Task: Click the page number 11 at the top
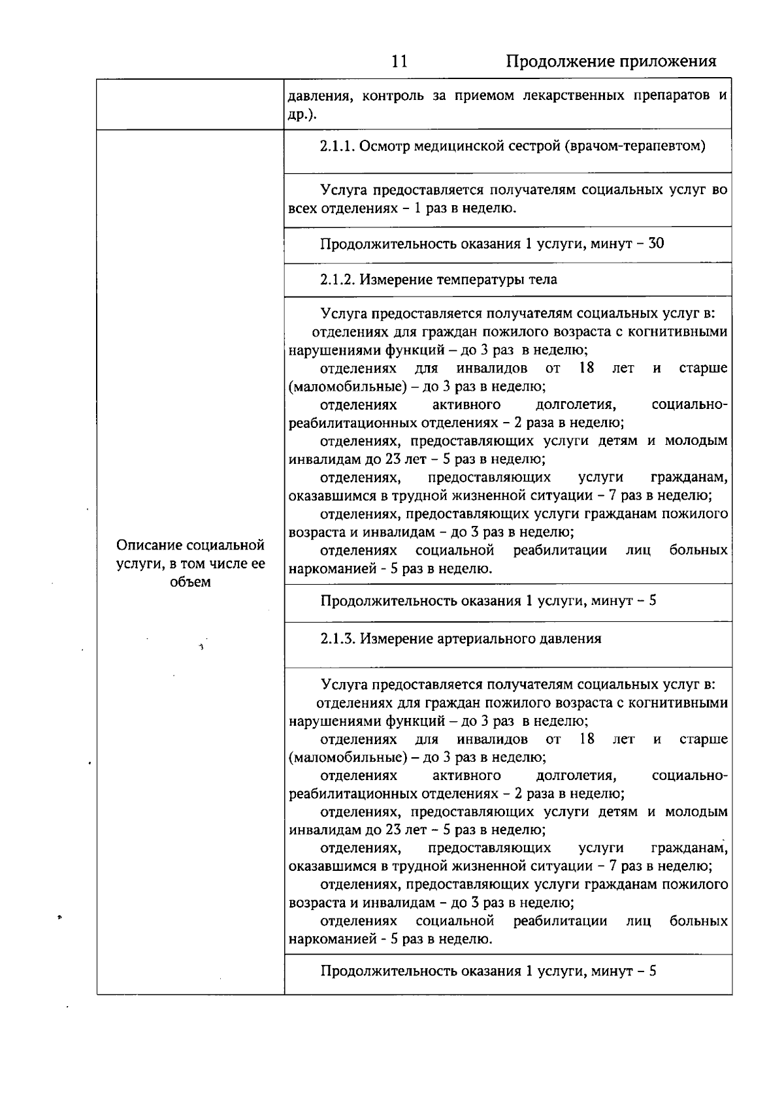click(x=399, y=61)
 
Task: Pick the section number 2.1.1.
click(x=337, y=146)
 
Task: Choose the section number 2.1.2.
click(x=337, y=280)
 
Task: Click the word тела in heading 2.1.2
click(x=544, y=280)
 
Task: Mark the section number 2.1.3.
click(x=337, y=638)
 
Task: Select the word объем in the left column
click(x=190, y=581)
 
